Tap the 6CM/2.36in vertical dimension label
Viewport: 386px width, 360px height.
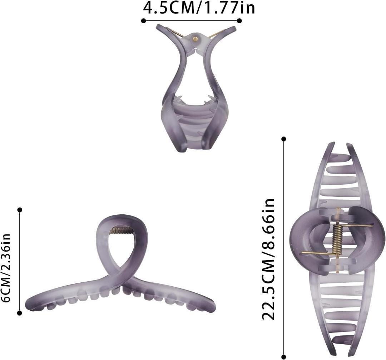(6, 268)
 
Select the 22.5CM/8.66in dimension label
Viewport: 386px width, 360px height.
(268, 259)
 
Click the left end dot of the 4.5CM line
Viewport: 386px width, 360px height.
(144, 21)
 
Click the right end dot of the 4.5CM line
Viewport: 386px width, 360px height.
(239, 21)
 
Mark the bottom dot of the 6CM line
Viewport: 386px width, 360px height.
(20, 313)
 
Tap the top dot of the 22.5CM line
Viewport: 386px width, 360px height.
(283, 139)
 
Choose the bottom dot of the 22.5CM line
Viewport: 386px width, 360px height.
(283, 356)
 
